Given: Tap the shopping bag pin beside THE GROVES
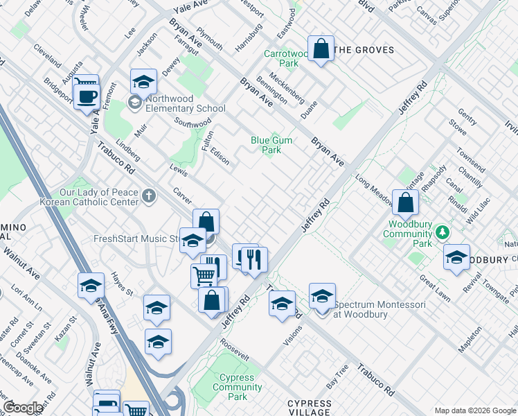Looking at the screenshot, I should coord(321,49).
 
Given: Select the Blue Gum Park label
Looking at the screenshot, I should coord(271,145).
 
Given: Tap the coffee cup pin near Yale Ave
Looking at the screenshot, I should coord(87,96).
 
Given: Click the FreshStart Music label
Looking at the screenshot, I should coord(136,239).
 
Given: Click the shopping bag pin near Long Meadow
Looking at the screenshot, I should coord(406,202).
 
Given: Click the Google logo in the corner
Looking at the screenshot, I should coord(23,408).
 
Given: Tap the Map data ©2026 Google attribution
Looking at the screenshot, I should coord(475,410).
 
